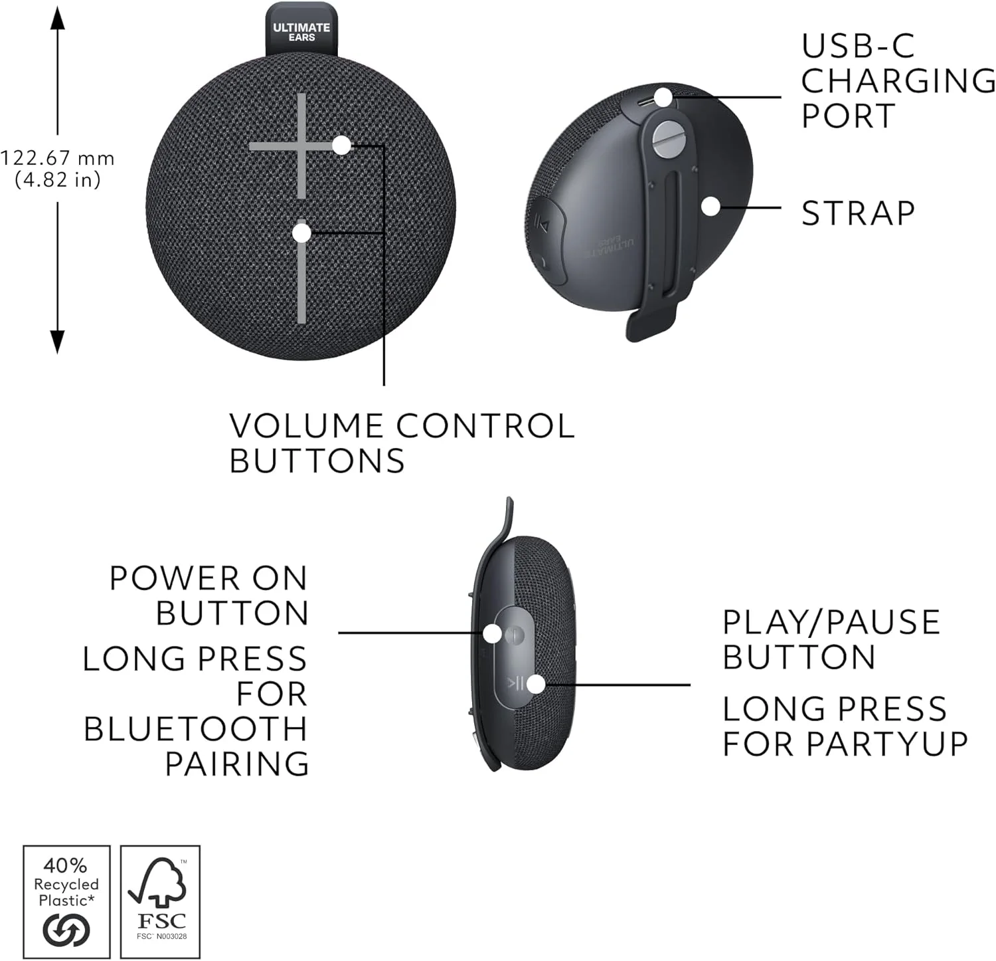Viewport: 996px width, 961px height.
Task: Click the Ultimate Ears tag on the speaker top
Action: coord(301,30)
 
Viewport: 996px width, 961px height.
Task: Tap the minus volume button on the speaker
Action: coord(301,271)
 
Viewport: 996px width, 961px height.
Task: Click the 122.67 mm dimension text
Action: coord(57,158)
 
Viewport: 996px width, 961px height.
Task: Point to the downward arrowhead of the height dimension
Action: coord(58,341)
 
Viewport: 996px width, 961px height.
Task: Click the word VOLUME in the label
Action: coord(306,426)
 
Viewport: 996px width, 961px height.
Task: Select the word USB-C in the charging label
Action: coord(858,46)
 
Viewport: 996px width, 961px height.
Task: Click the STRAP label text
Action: coord(858,213)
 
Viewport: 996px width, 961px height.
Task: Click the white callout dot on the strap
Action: coord(710,207)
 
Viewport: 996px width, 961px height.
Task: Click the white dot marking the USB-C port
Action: coord(663,97)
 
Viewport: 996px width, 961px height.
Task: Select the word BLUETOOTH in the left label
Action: coord(196,729)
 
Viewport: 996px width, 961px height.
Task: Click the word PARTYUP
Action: coord(887,744)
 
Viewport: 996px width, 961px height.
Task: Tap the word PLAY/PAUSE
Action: coord(831,623)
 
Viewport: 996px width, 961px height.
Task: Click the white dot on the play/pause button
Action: coord(536,684)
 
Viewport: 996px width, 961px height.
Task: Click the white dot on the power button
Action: coord(492,633)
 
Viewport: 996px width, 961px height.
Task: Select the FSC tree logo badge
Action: coord(160,902)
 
